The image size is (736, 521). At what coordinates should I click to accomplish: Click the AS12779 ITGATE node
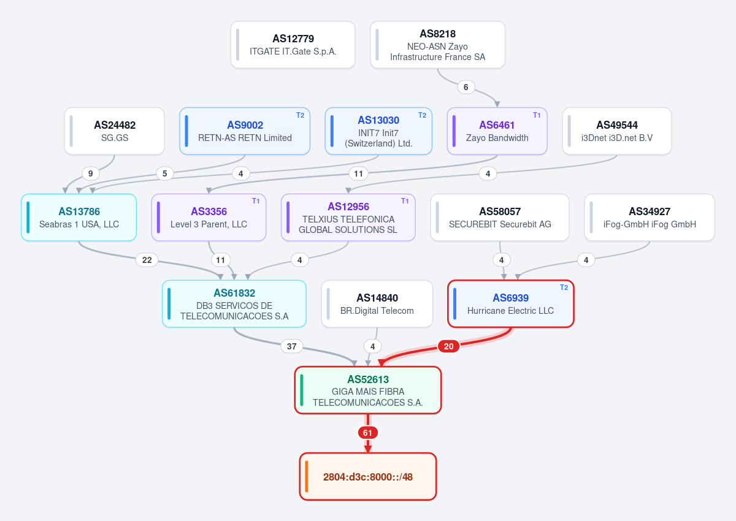pos(293,45)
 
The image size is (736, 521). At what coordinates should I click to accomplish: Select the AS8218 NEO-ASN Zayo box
pos(437,45)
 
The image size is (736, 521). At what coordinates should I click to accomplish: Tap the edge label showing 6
pos(466,87)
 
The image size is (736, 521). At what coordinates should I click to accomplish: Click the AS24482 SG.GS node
pos(114,131)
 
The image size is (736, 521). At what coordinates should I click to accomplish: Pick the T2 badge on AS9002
pos(300,115)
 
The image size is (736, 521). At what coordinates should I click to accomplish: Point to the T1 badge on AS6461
pos(537,115)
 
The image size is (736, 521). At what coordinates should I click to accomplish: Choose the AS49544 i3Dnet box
pos(617,131)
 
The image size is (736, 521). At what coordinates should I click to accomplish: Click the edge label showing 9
pos(90,173)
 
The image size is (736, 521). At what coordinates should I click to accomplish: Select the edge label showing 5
pos(164,173)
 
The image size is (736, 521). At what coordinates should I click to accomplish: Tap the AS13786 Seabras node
pos(79,218)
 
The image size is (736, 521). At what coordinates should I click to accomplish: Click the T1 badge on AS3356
pos(256,201)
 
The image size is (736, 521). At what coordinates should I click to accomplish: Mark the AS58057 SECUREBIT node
pos(500,218)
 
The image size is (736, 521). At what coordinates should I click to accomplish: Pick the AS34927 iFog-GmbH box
pos(650,218)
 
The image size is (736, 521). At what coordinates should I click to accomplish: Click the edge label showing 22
pos(147,260)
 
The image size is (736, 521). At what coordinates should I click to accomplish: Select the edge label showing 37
pos(291,346)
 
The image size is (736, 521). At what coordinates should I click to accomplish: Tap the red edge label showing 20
pos(448,346)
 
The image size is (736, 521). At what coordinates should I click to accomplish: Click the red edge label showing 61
pos(367,433)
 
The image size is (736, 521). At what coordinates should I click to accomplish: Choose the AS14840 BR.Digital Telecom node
pos(377,303)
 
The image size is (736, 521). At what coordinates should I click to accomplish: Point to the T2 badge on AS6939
pos(564,287)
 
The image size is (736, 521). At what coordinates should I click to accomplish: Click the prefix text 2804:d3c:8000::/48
pos(367,477)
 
